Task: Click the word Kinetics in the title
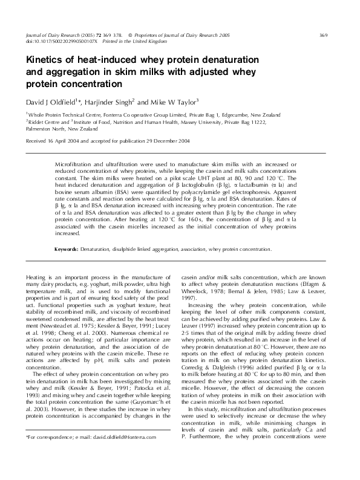coord(44,60)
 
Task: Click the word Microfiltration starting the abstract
coord(74,164)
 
